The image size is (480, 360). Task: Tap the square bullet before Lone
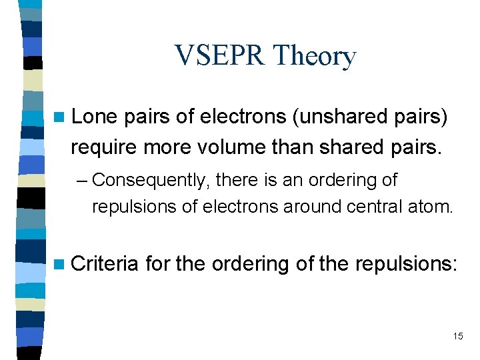pos(61,118)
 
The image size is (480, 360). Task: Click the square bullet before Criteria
pos(61,265)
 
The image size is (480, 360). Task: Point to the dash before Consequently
pos(85,181)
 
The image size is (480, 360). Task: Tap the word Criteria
pos(104,264)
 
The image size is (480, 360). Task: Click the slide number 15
pos(457,336)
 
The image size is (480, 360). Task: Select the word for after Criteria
pos(158,264)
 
